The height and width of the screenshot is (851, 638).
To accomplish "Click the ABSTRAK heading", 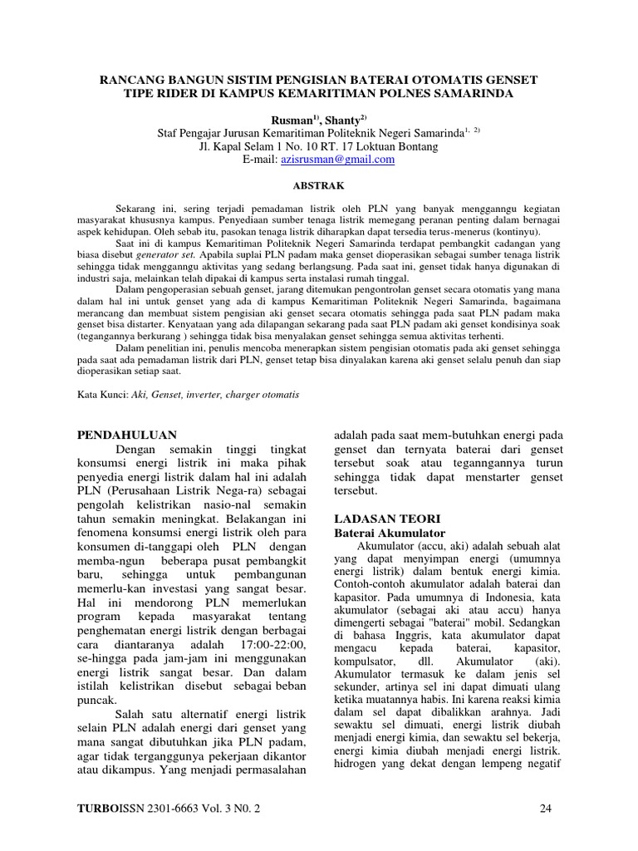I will pyautogui.click(x=319, y=187).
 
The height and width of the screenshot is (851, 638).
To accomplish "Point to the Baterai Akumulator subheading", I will pyautogui.click(x=389, y=532).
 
